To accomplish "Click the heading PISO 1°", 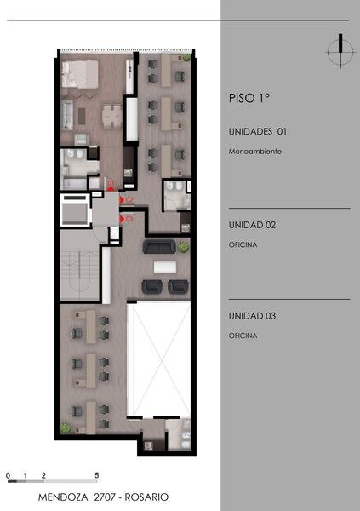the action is click(249, 98).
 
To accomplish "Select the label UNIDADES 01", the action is click(258, 132).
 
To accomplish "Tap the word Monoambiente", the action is click(255, 152).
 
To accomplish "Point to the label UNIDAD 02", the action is click(252, 225).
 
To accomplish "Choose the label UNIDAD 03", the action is click(252, 316).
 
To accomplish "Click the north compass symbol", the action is click(340, 51).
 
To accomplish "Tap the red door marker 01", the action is click(111, 186).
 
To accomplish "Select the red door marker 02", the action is click(127, 200).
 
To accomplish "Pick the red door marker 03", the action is click(127, 219).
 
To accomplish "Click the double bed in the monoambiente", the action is click(80, 74).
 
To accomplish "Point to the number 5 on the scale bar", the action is click(97, 475).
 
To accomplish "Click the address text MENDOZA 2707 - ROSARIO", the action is click(103, 497).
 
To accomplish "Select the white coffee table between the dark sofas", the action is click(165, 267).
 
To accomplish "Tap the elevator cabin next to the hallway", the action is click(75, 210).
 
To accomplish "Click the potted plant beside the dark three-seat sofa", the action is click(184, 247).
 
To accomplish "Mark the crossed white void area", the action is click(158, 359).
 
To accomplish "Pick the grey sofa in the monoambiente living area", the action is click(67, 115).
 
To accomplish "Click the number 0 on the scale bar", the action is click(8, 475).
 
